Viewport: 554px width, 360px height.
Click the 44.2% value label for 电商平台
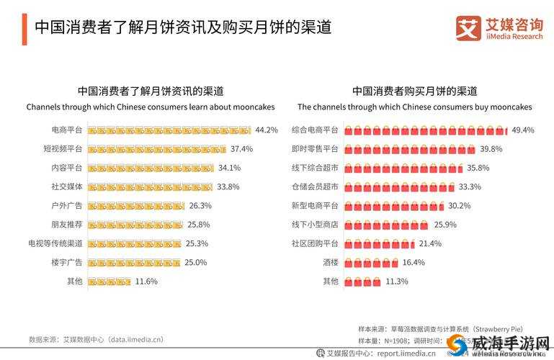(x=267, y=130)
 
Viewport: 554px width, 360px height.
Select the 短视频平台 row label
(x=63, y=149)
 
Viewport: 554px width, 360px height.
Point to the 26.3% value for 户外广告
(x=200, y=206)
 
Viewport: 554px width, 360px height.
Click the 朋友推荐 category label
(x=66, y=225)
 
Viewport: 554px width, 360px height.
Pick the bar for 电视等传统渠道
(x=134, y=243)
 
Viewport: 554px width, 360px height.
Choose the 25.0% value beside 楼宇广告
(x=196, y=262)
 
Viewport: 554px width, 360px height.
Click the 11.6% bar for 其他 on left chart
(x=110, y=282)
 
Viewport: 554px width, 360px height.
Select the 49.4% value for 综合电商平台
(x=522, y=130)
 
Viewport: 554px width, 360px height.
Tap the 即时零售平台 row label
(x=315, y=149)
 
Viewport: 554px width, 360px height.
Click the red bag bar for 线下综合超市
(x=403, y=168)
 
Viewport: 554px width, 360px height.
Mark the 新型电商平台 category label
(x=315, y=206)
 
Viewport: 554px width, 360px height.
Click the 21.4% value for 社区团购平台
(x=430, y=243)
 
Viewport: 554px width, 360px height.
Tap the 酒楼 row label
(x=330, y=262)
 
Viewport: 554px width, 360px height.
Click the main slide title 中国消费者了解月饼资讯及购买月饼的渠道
(x=183, y=28)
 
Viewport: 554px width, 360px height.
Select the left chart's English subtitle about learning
(x=151, y=107)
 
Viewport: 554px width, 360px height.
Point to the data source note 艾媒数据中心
(x=96, y=339)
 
